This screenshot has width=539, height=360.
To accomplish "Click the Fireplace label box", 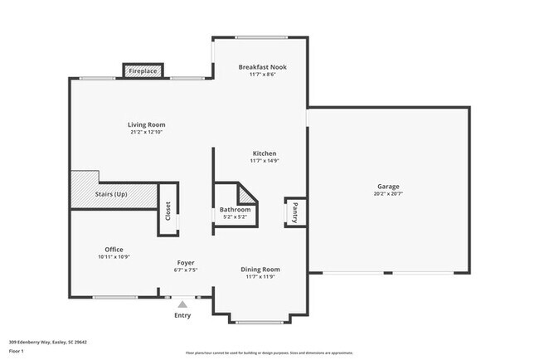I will point(143,72).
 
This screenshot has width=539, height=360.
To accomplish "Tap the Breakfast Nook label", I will point(262,66).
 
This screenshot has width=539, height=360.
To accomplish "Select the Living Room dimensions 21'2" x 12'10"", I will point(147,133).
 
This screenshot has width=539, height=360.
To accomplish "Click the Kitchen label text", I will point(264,153).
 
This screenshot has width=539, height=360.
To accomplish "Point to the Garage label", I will point(388,187).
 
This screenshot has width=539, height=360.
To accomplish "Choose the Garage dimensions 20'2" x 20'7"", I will point(388,194).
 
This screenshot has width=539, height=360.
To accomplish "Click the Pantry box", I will point(293,212).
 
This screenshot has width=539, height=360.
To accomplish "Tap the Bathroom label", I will point(235,210).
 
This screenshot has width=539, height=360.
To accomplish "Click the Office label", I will point(114,250).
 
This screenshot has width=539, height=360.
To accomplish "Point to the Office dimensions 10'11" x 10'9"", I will point(114,257).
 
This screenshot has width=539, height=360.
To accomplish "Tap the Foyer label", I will point(186,262).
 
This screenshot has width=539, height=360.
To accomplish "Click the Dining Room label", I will point(260,269).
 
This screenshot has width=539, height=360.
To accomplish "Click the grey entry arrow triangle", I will point(182,305).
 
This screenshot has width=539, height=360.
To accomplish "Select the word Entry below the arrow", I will point(182,315).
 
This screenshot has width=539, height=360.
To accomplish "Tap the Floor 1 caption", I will point(16,351).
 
